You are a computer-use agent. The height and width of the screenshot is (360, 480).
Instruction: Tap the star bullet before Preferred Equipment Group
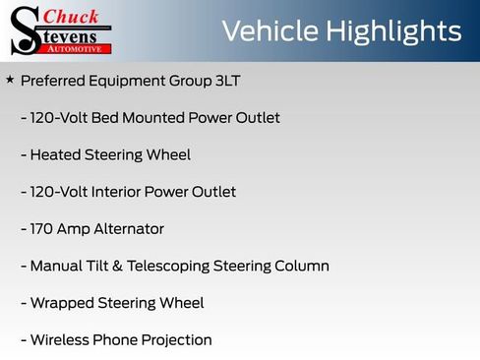point(10,79)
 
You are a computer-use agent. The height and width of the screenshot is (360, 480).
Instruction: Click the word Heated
point(55,154)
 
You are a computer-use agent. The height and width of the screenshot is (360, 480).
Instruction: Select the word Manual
point(57,266)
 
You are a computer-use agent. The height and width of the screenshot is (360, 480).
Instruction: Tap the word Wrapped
point(61,303)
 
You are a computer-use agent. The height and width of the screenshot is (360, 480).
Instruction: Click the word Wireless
point(61,340)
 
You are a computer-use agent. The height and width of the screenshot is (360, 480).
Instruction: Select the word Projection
point(177,340)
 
